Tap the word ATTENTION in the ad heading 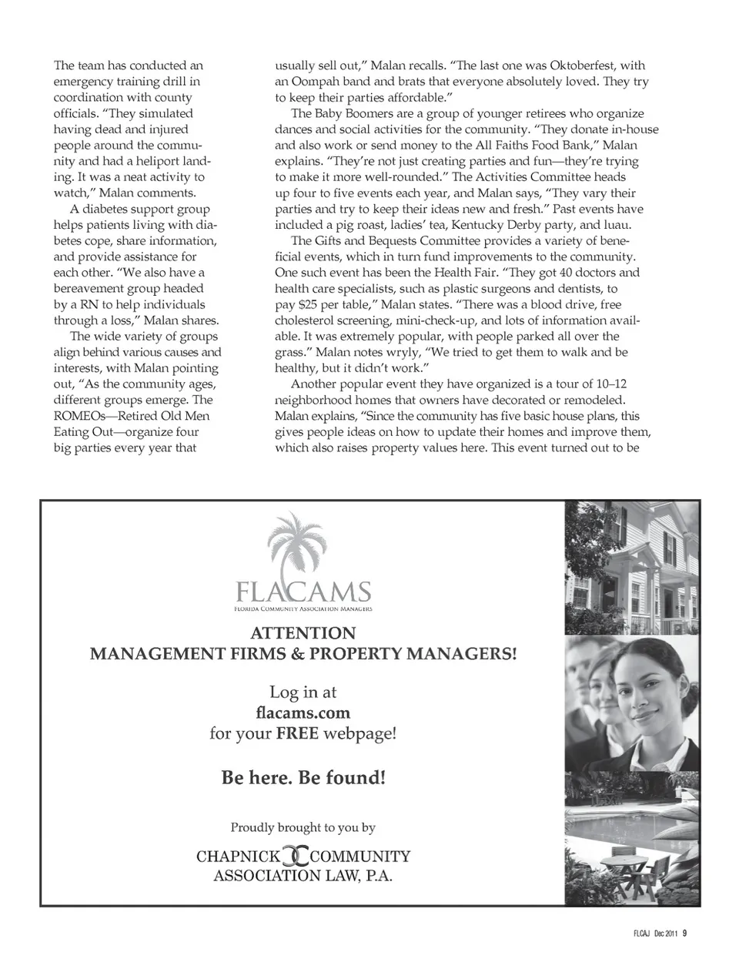point(303,633)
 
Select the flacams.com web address point(303,713)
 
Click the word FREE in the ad point(297,733)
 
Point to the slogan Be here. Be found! point(303,777)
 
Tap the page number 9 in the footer point(684,934)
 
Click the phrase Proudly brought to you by point(303,827)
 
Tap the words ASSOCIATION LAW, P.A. point(303,876)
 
